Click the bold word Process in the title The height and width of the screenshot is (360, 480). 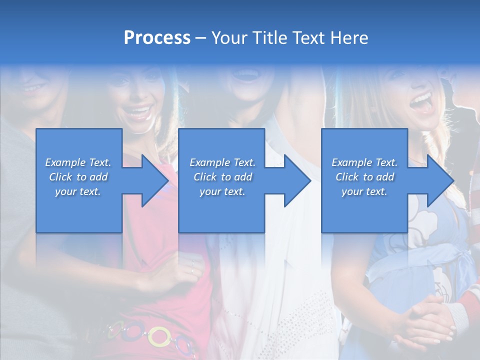pos(157,38)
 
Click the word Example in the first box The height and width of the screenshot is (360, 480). pos(65,162)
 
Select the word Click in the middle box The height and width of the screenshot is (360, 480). pos(204,177)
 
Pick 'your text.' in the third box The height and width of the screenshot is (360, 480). pos(364,191)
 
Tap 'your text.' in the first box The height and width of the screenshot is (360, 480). pos(78,191)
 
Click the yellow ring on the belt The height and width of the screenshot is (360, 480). pos(159,336)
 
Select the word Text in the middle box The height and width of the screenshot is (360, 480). pos(245,162)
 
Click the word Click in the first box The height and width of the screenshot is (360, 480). pos(60,177)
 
